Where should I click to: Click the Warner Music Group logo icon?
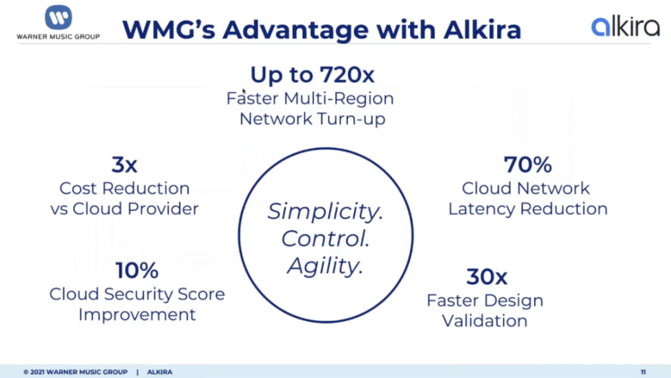pyautogui.click(x=58, y=17)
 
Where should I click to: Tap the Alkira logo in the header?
pyautogui.click(x=625, y=26)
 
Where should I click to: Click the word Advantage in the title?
pyautogui.click(x=295, y=30)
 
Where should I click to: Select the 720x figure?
pyautogui.click(x=347, y=75)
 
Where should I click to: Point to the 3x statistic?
pyautogui.click(x=124, y=164)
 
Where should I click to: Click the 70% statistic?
pyautogui.click(x=527, y=164)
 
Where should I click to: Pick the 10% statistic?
pyautogui.click(x=137, y=270)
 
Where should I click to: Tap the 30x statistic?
pyautogui.click(x=487, y=277)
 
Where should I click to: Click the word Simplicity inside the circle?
pyautogui.click(x=325, y=211)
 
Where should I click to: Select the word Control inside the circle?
pyautogui.click(x=325, y=238)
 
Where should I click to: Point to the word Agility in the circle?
pyautogui.click(x=325, y=266)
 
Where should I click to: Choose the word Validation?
pyautogui.click(x=485, y=321)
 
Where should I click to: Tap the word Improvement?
pyautogui.click(x=137, y=315)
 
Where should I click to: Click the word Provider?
pyautogui.click(x=163, y=209)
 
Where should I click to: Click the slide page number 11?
pyautogui.click(x=643, y=372)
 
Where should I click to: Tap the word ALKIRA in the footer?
pyautogui.click(x=159, y=372)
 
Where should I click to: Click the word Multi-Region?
pyautogui.click(x=338, y=99)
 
